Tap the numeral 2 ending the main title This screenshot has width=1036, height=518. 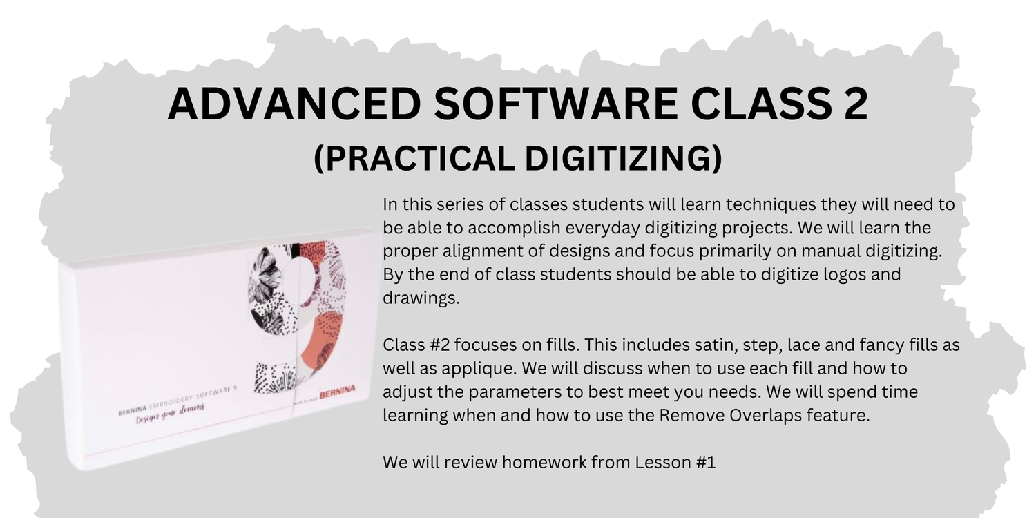tap(852, 104)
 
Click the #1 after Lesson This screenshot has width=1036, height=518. tap(707, 462)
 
